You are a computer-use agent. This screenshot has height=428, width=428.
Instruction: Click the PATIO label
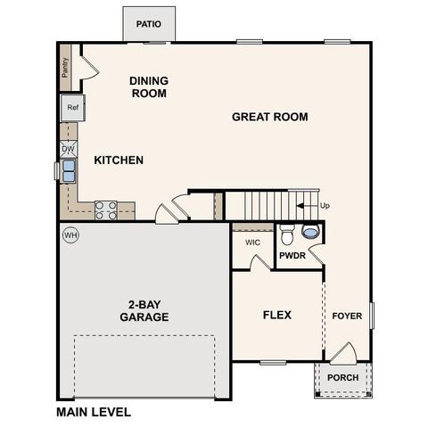(149, 24)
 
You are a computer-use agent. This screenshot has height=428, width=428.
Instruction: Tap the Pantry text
(65, 68)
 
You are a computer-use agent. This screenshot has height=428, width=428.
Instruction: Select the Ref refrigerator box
(72, 109)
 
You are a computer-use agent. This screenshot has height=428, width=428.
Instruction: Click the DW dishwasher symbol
(69, 149)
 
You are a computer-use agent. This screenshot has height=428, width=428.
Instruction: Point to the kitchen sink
(68, 169)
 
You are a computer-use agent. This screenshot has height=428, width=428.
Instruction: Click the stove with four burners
(106, 210)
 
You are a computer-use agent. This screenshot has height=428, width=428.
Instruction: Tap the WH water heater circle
(70, 235)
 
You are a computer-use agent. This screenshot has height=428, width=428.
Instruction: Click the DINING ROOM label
(149, 86)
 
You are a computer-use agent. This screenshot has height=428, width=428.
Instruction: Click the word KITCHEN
(119, 160)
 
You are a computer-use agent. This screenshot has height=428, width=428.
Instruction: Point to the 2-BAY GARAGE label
(144, 310)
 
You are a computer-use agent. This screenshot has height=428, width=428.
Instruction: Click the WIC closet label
(252, 242)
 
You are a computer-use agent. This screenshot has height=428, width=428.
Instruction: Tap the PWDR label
(292, 256)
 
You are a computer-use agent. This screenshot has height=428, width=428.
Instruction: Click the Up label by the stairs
(325, 206)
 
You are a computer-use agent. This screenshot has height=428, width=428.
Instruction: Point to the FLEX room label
(276, 315)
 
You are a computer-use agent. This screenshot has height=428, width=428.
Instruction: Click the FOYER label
(347, 316)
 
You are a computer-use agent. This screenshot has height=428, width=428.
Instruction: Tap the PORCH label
(342, 377)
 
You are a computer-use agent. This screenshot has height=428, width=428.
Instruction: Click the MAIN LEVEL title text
(94, 412)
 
